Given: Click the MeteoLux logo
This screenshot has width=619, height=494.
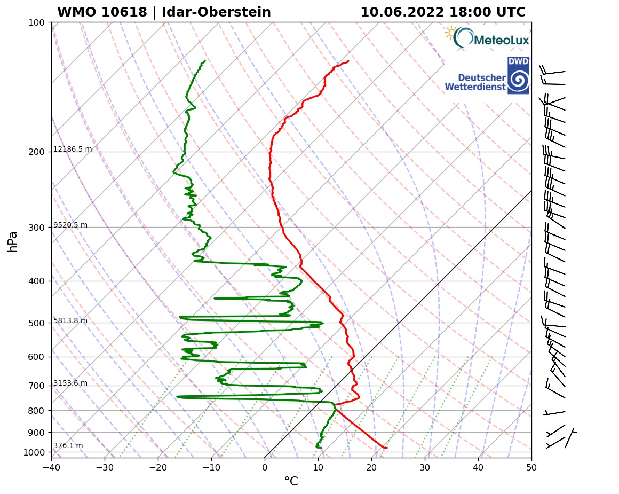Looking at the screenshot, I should [x=487, y=38].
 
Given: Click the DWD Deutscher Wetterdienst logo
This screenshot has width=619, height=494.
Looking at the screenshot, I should [x=487, y=76].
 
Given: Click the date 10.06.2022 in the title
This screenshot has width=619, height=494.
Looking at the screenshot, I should [x=401, y=12].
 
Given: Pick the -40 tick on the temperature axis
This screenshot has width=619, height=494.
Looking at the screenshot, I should [x=52, y=467].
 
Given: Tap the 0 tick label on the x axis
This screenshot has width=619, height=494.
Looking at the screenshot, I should [x=265, y=467].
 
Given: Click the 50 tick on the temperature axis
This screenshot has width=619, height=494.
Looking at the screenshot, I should [x=531, y=467].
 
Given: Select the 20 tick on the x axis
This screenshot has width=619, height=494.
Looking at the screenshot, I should [x=372, y=467].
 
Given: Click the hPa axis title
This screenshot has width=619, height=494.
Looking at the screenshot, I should [x=13, y=241].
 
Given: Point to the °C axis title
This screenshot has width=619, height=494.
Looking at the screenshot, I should [x=291, y=482].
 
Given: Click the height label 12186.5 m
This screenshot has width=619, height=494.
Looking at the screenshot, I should [x=73, y=150].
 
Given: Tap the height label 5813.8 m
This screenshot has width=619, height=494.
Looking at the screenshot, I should [x=70, y=321].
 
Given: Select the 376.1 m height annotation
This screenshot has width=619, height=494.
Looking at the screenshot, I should [x=68, y=446].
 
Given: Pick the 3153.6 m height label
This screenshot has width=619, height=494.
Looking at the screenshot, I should [x=70, y=383].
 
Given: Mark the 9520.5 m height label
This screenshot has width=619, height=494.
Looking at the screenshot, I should [x=70, y=225].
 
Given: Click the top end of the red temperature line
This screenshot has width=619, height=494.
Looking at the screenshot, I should [x=348, y=61].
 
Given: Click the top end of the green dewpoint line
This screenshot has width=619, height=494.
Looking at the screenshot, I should [x=205, y=61].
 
